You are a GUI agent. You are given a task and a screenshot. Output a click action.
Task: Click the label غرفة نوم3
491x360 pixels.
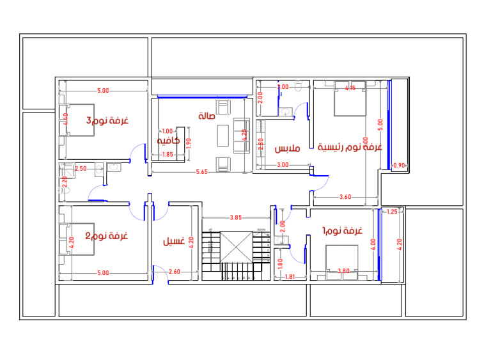click(107, 121)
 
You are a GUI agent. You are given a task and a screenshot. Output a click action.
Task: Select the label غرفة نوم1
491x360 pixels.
click(343, 231)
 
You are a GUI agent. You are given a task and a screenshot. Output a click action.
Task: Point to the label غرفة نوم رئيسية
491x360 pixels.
click(350, 146)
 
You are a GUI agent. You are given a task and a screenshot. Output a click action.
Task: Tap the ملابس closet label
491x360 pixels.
click(288, 149)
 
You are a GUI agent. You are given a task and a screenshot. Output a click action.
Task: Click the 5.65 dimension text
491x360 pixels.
click(201, 171)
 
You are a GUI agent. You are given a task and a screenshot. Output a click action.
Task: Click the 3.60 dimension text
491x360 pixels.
click(345, 196)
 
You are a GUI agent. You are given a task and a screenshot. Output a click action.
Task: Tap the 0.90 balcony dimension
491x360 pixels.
click(398, 165)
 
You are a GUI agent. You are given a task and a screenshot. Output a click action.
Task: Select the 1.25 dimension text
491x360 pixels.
click(393, 212)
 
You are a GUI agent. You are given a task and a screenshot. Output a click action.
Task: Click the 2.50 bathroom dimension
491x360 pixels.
click(81, 168)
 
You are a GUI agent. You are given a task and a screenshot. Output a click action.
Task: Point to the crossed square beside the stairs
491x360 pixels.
click(237, 247)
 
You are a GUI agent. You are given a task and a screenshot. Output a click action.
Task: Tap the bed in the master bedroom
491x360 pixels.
click(350, 98)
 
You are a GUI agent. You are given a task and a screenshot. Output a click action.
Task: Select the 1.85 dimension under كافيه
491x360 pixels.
click(168, 154)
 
